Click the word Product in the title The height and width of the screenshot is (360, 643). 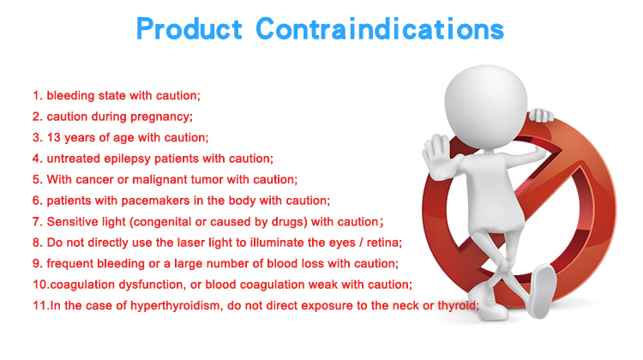tap(189, 29)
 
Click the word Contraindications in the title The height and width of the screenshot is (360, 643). tap(380, 28)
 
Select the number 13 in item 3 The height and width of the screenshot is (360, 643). tap(54, 137)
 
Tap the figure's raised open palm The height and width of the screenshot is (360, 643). tap(439, 156)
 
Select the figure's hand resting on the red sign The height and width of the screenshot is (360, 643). tap(540, 115)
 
